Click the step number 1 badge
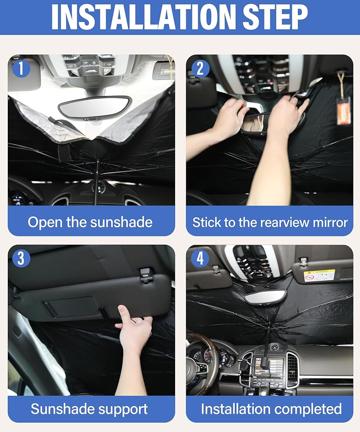click(x=21, y=68)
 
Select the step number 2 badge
click(x=200, y=68)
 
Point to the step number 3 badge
click(x=21, y=258)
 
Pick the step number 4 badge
click(x=200, y=258)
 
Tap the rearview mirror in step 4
click(x=266, y=298)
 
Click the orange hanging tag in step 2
click(x=344, y=110)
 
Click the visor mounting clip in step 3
click(x=147, y=274)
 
